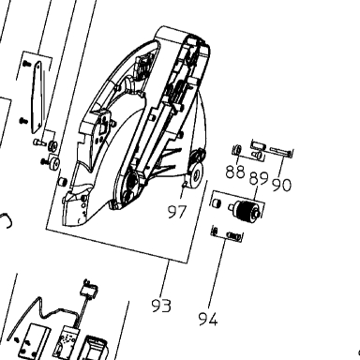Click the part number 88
[x=235, y=172]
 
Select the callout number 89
[x=259, y=178]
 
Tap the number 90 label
[x=281, y=185]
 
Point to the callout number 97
[x=177, y=212]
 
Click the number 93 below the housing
[x=161, y=306]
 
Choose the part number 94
[x=208, y=319]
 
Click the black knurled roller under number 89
[x=246, y=209]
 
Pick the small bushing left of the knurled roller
[x=216, y=202]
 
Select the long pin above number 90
[x=281, y=151]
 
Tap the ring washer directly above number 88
[x=237, y=148]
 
